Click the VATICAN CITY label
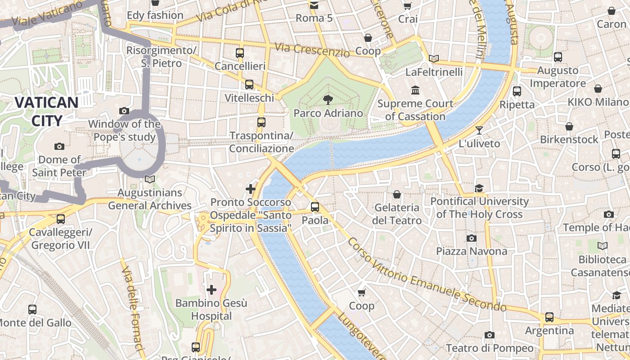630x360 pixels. click(x=46, y=111)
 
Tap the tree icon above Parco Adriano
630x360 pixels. click(x=328, y=100)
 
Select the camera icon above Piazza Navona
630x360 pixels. click(x=472, y=238)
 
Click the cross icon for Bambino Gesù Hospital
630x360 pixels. click(x=211, y=290)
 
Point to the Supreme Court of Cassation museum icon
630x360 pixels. click(x=415, y=90)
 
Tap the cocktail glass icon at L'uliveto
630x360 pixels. click(x=479, y=130)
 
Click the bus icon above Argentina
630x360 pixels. click(x=549, y=317)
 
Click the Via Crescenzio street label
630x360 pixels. click(x=312, y=49)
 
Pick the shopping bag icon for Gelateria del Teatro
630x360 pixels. click(x=397, y=194)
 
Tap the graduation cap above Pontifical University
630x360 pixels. click(x=479, y=188)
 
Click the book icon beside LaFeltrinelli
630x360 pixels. click(x=434, y=58)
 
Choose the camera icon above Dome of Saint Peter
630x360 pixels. click(x=59, y=146)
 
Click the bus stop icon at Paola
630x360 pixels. click(x=315, y=207)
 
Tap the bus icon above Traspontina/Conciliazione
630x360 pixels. click(x=261, y=122)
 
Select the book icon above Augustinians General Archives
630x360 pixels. click(x=150, y=179)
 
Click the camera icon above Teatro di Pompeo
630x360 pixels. click(x=490, y=335)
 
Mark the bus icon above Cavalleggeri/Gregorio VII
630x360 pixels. click(x=60, y=219)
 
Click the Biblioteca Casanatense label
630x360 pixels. click(x=602, y=266)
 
